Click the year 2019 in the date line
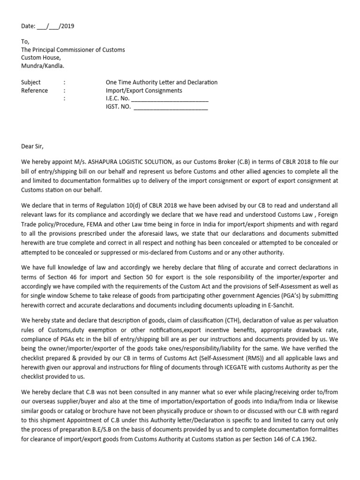[67, 26]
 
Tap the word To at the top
[25, 41]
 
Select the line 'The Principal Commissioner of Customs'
[73, 50]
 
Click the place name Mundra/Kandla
[43, 66]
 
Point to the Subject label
[31, 82]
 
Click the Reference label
[34, 90]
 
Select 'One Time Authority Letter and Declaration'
[162, 82]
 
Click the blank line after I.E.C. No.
[170, 99]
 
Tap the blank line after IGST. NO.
[171, 107]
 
